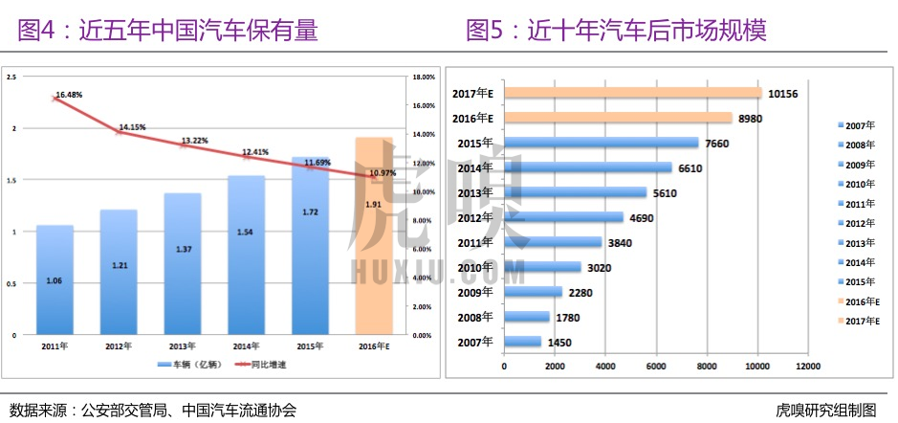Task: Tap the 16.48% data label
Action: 69,96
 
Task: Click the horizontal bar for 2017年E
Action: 632,93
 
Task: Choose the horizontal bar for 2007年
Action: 522,342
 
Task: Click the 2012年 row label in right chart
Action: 474,217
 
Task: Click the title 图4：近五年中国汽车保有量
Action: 168,32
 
